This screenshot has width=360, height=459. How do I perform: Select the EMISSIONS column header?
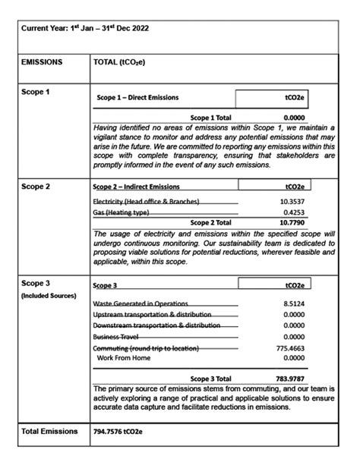(x=43, y=64)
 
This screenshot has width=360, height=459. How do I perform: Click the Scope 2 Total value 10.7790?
(x=292, y=225)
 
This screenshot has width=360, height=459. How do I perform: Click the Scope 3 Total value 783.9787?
(x=289, y=379)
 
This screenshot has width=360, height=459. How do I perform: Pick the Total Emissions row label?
(x=49, y=432)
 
